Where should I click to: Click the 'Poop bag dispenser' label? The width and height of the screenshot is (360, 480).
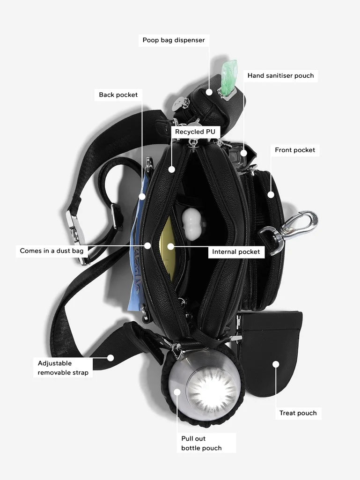pos(174,40)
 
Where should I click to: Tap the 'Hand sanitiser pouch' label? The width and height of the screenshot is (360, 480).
pos(280,75)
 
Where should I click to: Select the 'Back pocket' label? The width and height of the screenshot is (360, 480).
pos(118,95)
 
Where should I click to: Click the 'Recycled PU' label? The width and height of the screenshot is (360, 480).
pos(195,132)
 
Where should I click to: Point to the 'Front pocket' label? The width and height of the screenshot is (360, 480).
pos(295,150)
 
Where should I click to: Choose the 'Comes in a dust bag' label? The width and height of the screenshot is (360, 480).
pos(51,251)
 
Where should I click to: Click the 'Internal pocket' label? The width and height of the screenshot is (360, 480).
pos(236,251)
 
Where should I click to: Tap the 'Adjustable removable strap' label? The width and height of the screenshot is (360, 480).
pos(63,368)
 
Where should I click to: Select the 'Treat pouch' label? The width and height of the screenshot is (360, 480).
pos(298,413)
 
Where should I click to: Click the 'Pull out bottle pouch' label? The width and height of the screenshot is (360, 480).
pos(201,443)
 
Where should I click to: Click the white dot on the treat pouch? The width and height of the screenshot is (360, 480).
pos(276,364)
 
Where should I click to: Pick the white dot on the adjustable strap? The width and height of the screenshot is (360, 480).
pos(110,358)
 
